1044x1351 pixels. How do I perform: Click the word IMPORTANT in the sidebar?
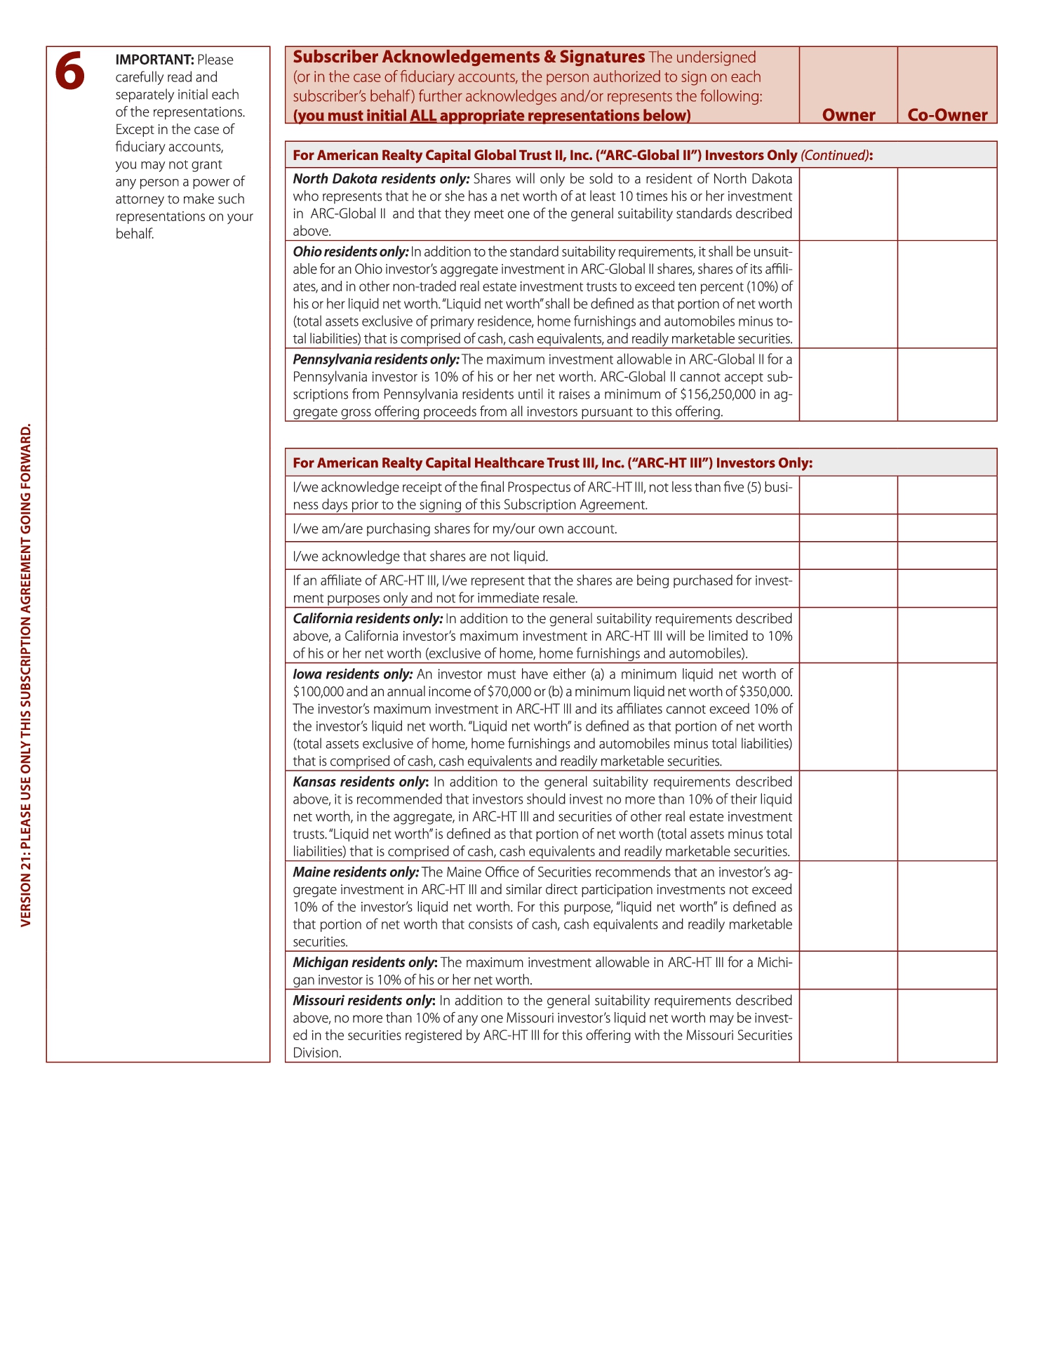(x=154, y=60)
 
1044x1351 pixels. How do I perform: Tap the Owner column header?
(x=848, y=115)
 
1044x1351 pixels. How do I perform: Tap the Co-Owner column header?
(x=947, y=115)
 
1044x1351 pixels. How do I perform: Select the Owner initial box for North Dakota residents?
(x=848, y=204)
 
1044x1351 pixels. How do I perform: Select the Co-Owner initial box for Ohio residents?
(x=947, y=295)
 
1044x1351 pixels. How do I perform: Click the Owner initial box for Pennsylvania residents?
(x=848, y=385)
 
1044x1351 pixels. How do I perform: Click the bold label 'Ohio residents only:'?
(x=350, y=252)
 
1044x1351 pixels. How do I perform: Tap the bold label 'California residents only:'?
(x=368, y=619)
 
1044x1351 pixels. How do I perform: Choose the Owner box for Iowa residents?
(x=848, y=717)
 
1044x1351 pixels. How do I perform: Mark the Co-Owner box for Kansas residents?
(x=947, y=816)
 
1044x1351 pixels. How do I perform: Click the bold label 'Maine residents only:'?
(x=356, y=872)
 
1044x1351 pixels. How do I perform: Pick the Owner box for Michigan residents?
(x=848, y=971)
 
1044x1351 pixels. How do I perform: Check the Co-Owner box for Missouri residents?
(x=947, y=1026)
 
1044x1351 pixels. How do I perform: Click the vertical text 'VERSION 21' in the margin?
(x=27, y=891)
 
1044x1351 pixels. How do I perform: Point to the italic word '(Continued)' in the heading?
(x=834, y=155)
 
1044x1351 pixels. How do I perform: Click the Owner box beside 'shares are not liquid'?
(x=848, y=556)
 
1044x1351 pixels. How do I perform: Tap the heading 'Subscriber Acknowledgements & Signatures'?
(x=469, y=58)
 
